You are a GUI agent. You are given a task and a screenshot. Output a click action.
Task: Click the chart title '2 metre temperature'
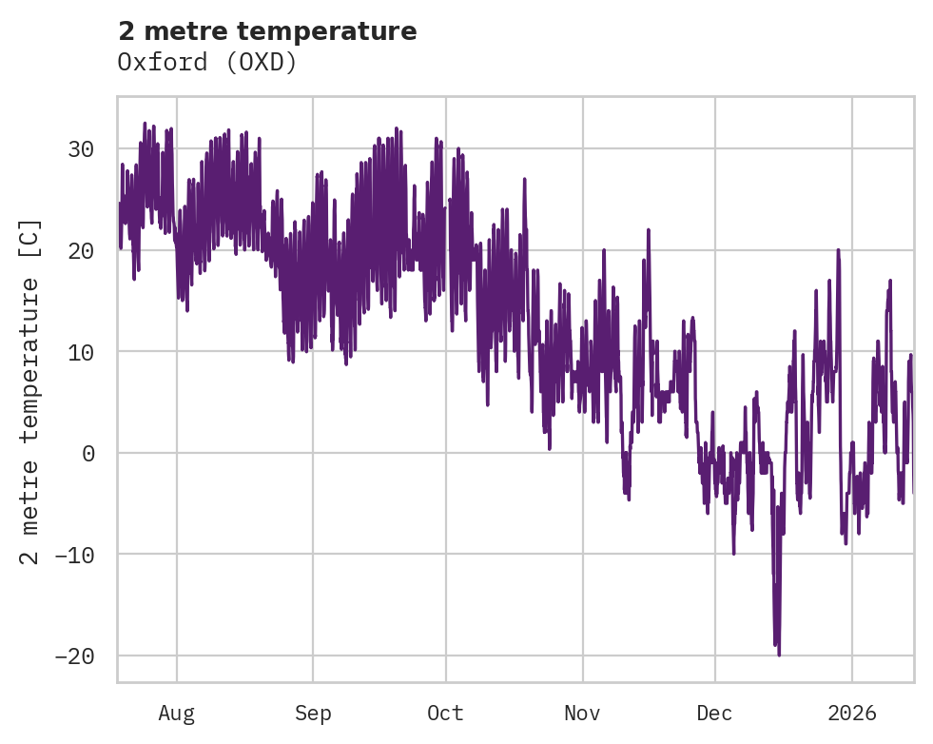[267, 31]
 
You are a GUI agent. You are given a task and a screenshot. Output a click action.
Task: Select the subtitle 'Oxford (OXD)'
[207, 62]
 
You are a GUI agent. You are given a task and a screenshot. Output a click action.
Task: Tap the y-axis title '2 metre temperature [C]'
[30, 392]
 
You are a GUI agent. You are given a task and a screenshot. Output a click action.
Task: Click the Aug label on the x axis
[177, 714]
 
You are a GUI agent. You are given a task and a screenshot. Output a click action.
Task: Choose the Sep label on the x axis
[313, 714]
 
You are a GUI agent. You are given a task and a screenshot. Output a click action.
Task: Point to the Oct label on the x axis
[445, 714]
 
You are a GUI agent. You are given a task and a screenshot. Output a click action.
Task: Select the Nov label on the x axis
[582, 714]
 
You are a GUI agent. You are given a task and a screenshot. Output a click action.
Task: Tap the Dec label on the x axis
[714, 714]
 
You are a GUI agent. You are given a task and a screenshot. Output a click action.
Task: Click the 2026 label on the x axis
[851, 714]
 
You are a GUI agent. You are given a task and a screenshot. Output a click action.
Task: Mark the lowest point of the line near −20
[779, 655]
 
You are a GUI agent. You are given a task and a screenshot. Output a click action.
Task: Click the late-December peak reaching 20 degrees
[838, 250]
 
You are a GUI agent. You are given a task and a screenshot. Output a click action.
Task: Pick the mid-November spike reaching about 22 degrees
[649, 230]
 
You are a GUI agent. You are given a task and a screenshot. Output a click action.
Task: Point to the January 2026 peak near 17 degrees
[890, 281]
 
